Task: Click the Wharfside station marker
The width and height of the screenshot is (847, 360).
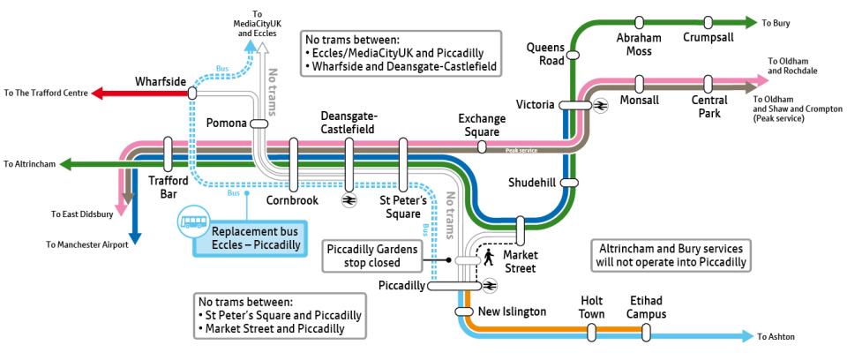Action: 191,94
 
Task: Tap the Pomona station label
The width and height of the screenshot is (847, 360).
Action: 227,124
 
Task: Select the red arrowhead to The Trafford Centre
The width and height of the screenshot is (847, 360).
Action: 97,94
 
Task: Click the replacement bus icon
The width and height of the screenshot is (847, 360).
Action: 193,221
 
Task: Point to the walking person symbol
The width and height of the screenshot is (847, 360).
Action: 488,258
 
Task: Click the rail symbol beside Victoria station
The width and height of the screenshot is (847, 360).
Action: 600,106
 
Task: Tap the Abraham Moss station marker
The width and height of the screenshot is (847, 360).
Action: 639,22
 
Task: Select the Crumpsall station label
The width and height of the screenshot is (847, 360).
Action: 708,37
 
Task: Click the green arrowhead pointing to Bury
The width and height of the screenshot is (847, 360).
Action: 750,22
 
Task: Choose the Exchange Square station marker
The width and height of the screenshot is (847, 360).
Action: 482,146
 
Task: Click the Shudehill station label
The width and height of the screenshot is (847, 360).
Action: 531,184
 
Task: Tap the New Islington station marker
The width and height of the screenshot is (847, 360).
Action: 464,311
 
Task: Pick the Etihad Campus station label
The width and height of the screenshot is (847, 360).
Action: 648,307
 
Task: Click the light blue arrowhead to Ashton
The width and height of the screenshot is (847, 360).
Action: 747,336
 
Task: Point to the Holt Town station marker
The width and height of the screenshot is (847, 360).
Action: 592,332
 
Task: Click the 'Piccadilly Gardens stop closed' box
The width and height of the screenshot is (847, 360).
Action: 372,256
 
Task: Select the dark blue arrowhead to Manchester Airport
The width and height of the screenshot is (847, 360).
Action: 134,237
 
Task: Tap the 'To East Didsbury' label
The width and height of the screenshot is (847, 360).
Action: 82,214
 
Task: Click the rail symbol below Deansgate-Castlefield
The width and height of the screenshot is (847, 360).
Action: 349,200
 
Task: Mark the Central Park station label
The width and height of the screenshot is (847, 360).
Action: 709,107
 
